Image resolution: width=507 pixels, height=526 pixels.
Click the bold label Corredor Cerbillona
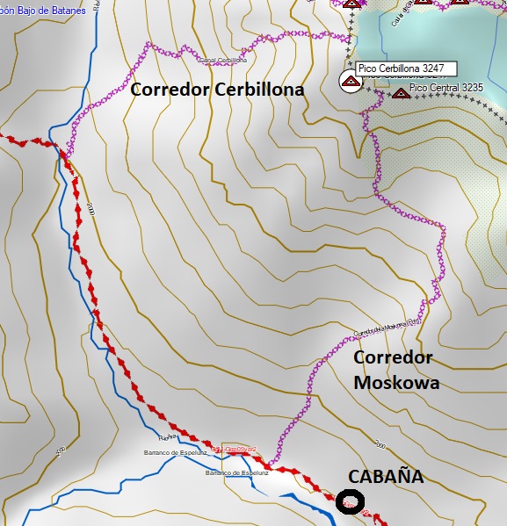click(x=217, y=90)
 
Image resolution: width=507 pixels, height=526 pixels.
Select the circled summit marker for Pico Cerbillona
click(x=349, y=83)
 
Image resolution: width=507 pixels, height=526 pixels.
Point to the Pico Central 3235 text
click(x=446, y=87)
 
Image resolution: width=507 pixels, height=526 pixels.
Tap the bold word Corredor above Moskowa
click(x=393, y=357)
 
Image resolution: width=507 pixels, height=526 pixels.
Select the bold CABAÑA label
click(x=386, y=476)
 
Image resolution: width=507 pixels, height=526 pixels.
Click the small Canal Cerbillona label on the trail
click(x=223, y=61)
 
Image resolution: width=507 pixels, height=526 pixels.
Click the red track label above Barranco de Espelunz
click(x=233, y=449)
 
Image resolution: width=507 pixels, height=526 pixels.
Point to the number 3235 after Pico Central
click(x=472, y=87)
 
